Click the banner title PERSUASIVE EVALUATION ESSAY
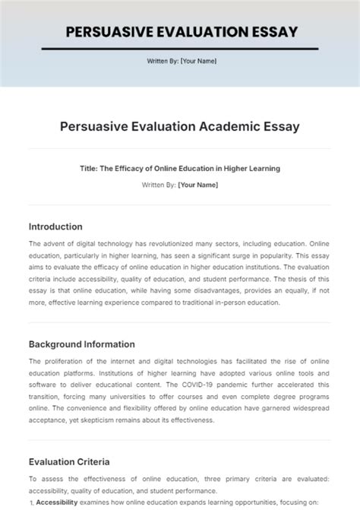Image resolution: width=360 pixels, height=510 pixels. coord(180,31)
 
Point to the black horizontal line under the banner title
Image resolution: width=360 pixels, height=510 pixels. coord(180,49)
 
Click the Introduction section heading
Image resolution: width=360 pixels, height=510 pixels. coord(66,226)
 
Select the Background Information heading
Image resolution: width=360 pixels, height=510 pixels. coord(81,344)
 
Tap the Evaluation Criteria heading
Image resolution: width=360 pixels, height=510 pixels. coord(69,461)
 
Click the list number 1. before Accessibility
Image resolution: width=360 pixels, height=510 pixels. coord(31,502)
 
